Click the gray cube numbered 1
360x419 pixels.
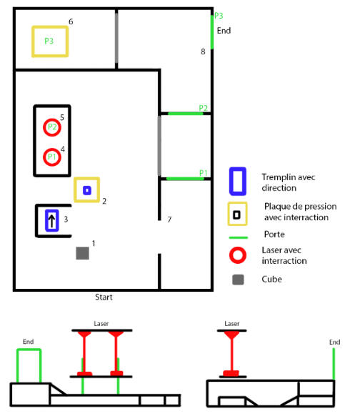pos(82,253)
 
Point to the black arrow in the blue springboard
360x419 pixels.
pos(51,220)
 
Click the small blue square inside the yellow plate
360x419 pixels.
pos(87,190)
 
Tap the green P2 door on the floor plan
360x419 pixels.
pos(186,114)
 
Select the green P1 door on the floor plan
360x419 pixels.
pos(185,179)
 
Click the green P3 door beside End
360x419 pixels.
pos(212,32)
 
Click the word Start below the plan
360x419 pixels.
pos(104,297)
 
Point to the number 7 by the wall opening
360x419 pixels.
pos(169,220)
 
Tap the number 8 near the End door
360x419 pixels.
pos(203,51)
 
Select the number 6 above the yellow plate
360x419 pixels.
pos(71,21)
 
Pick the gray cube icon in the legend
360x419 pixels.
pos(238,280)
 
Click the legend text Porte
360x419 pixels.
pos(274,235)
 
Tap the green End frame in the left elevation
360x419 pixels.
pos(29,349)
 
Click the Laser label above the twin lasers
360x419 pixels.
pos(101,324)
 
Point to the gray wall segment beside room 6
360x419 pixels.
pos(116,38)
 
